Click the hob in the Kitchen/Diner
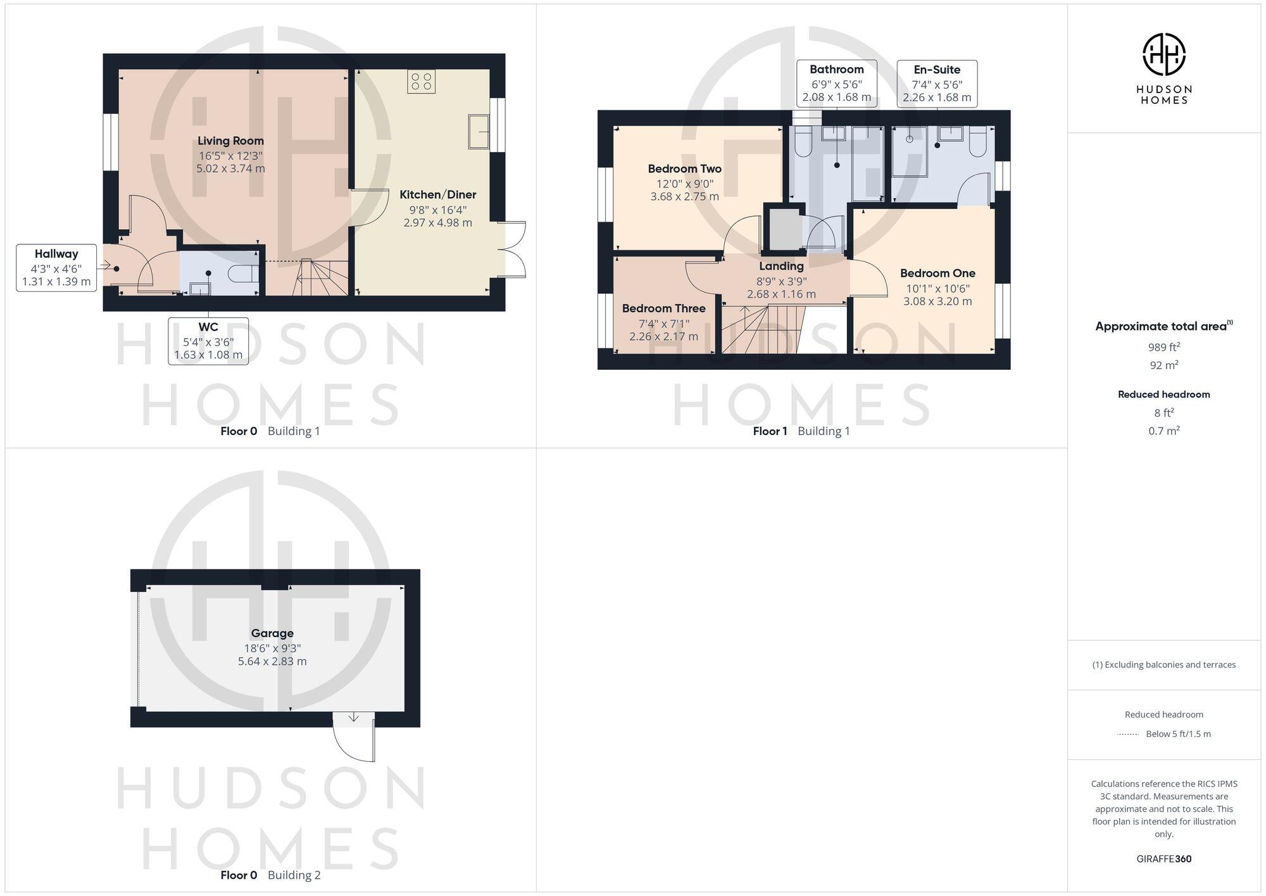[421, 81]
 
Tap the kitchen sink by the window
[479, 132]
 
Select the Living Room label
[230, 141]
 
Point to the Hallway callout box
[56, 267]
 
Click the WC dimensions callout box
[208, 341]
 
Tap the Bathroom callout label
[836, 83]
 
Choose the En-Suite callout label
[937, 83]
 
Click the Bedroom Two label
[684, 169]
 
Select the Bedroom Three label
[663, 308]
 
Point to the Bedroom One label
[937, 274]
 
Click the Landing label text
[781, 267]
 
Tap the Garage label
[272, 633]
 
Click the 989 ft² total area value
[1163, 347]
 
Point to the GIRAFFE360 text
[1163, 859]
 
